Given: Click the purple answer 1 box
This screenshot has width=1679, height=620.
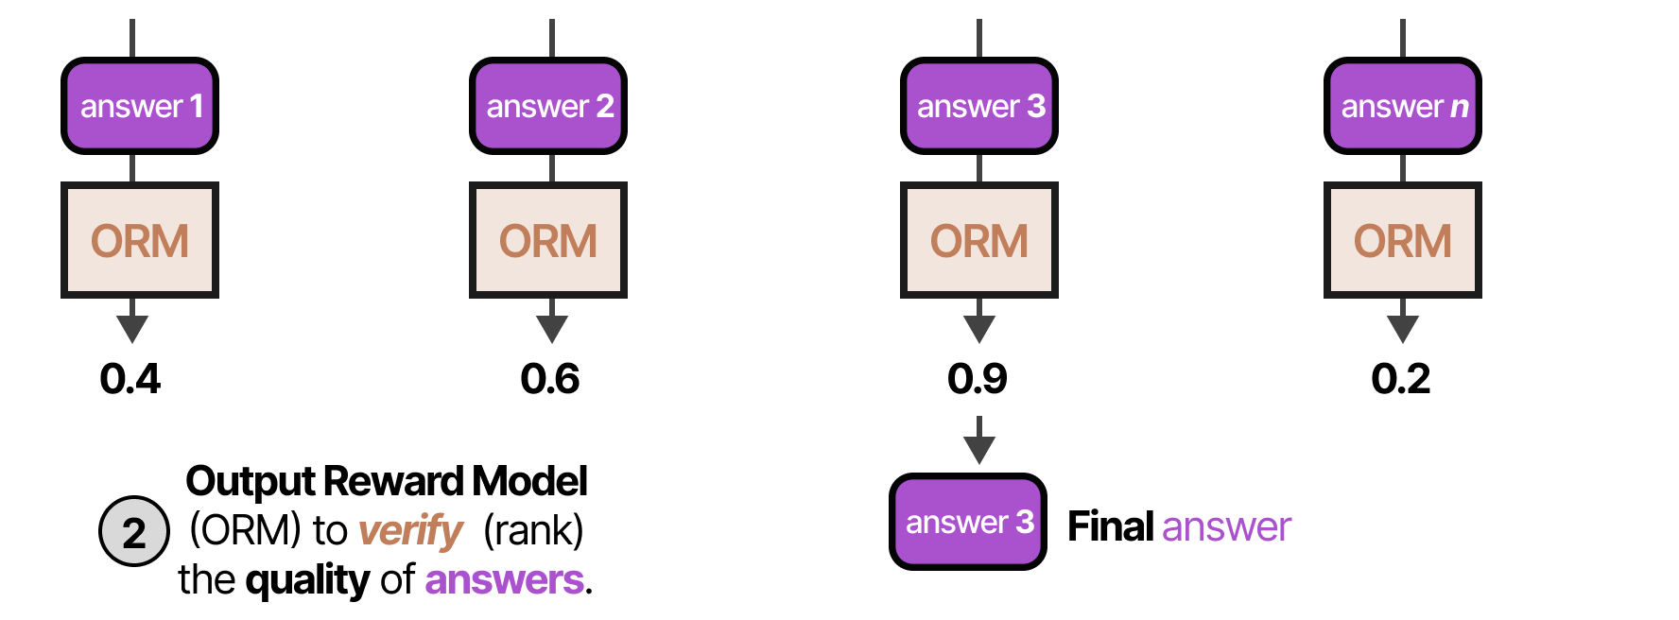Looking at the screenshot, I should point(140,106).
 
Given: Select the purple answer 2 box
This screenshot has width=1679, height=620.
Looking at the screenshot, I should point(548,106).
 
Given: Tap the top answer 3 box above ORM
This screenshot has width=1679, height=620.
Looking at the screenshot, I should point(979,106).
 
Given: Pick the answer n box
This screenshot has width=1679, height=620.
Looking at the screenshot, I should point(1403,106).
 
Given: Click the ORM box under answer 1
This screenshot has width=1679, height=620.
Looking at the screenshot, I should point(140,240).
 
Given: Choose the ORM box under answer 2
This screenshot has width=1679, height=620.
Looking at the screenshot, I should point(548,240).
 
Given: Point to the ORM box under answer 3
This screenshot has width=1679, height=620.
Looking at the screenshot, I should point(979,240).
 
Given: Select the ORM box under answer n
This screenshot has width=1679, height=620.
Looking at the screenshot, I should point(1403,240).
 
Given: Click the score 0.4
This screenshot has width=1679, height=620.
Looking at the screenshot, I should point(130,379).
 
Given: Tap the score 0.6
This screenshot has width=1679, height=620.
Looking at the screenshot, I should point(550,379).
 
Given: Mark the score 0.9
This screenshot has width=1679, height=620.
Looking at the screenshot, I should point(978,379).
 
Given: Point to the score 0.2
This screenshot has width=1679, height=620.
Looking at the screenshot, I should point(1401,379).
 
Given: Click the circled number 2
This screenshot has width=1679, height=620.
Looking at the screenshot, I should point(134,531).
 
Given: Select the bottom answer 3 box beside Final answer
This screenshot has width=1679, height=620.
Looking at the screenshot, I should point(968,522).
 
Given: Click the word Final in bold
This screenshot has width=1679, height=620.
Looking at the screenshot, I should point(1111,526).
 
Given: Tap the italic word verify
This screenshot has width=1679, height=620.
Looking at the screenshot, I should point(410,531).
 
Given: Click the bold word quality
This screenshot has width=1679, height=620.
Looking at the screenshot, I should point(307,580).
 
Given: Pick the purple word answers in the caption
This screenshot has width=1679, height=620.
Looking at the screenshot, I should point(504,580).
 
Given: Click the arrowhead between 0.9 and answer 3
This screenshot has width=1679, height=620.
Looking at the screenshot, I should point(979,449).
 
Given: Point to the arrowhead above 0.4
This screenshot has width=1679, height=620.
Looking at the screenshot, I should point(132,328).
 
